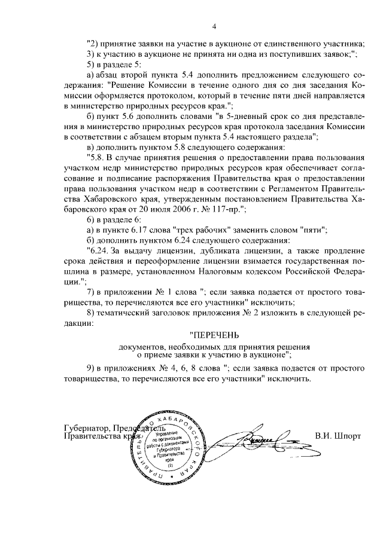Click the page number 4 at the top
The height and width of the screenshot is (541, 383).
coord(214,26)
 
